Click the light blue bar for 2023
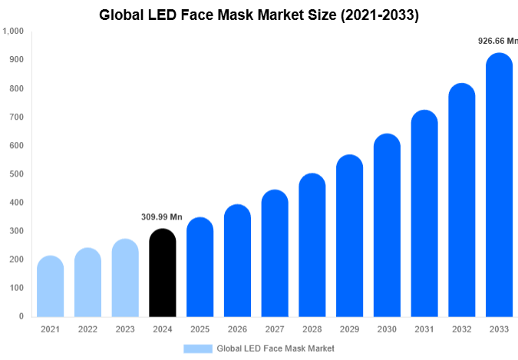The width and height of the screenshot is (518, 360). [124, 277]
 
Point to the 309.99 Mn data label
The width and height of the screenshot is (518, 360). [162, 217]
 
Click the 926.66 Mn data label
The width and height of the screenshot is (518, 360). [497, 41]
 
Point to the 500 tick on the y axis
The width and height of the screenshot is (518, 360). [16, 174]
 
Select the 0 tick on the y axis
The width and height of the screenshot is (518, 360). [21, 316]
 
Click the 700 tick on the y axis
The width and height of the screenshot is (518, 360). [16, 117]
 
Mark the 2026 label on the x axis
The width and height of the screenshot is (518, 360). [237, 329]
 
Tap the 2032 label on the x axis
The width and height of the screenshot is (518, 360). [461, 329]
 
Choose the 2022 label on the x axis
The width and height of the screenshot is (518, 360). [87, 329]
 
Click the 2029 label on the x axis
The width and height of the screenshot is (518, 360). [349, 329]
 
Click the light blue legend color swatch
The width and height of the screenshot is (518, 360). [197, 348]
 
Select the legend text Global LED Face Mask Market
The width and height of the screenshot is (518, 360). [275, 348]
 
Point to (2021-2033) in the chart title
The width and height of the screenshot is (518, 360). [373, 15]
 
